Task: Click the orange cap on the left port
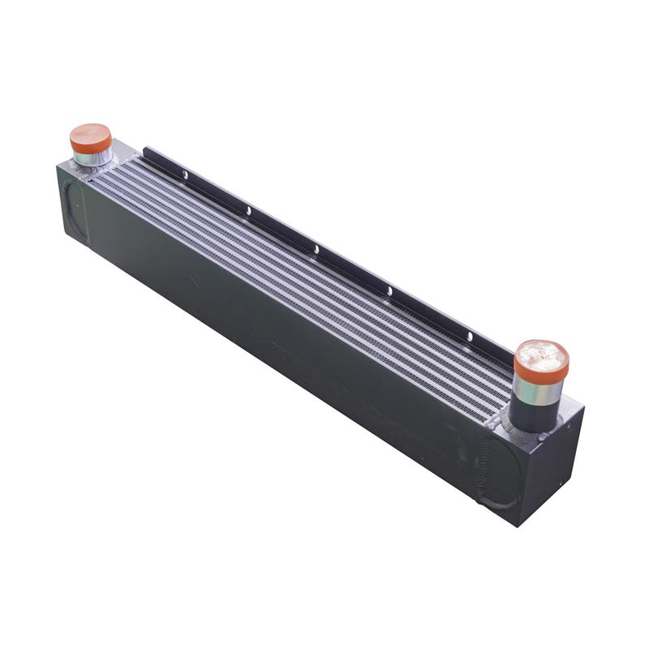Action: tap(90, 137)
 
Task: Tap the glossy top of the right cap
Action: tap(541, 355)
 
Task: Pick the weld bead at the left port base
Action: tap(84, 167)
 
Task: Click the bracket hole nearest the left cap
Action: tap(185, 174)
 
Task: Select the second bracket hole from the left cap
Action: tap(248, 211)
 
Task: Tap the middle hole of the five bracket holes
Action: tap(316, 249)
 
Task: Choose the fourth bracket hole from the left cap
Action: tap(389, 290)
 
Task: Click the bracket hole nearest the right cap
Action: tap(469, 335)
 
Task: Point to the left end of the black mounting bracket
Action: tap(146, 152)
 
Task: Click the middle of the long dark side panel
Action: tap(276, 341)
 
